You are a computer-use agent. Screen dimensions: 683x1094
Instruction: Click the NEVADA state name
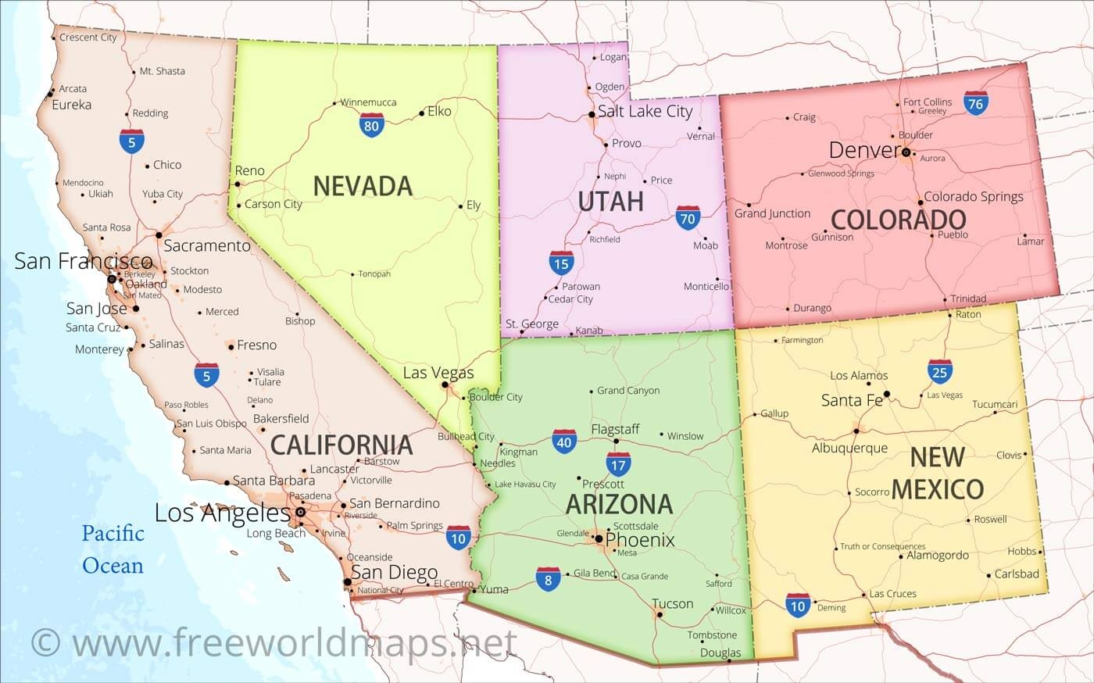point(363,186)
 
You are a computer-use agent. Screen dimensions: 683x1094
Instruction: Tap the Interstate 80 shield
point(371,125)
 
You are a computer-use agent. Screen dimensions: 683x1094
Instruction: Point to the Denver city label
point(864,150)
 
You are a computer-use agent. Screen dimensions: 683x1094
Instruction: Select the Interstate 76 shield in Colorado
point(975,103)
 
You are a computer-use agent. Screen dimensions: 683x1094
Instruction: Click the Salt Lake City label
point(645,111)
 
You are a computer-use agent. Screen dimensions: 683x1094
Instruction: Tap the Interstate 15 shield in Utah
point(561,263)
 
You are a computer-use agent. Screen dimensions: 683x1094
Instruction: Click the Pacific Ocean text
point(113,549)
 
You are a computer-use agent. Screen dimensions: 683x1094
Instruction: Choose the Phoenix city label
point(640,540)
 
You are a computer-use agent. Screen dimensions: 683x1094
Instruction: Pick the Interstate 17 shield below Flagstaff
point(618,465)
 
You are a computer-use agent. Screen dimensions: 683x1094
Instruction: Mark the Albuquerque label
point(849,449)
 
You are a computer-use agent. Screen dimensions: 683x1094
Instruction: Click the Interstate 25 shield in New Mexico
point(939,372)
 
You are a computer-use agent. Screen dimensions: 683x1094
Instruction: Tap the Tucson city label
point(672,604)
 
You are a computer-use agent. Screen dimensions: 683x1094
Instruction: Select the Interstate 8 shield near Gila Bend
point(548,579)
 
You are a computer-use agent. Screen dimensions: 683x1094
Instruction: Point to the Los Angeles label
point(223,513)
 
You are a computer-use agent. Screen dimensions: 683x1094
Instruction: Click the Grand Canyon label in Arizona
point(628,391)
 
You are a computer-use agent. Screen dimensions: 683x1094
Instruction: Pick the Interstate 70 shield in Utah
point(688,218)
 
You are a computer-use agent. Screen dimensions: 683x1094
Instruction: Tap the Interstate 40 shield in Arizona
point(564,442)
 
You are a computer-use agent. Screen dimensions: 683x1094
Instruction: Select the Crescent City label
point(88,37)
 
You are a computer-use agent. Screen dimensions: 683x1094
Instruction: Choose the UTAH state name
point(610,202)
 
